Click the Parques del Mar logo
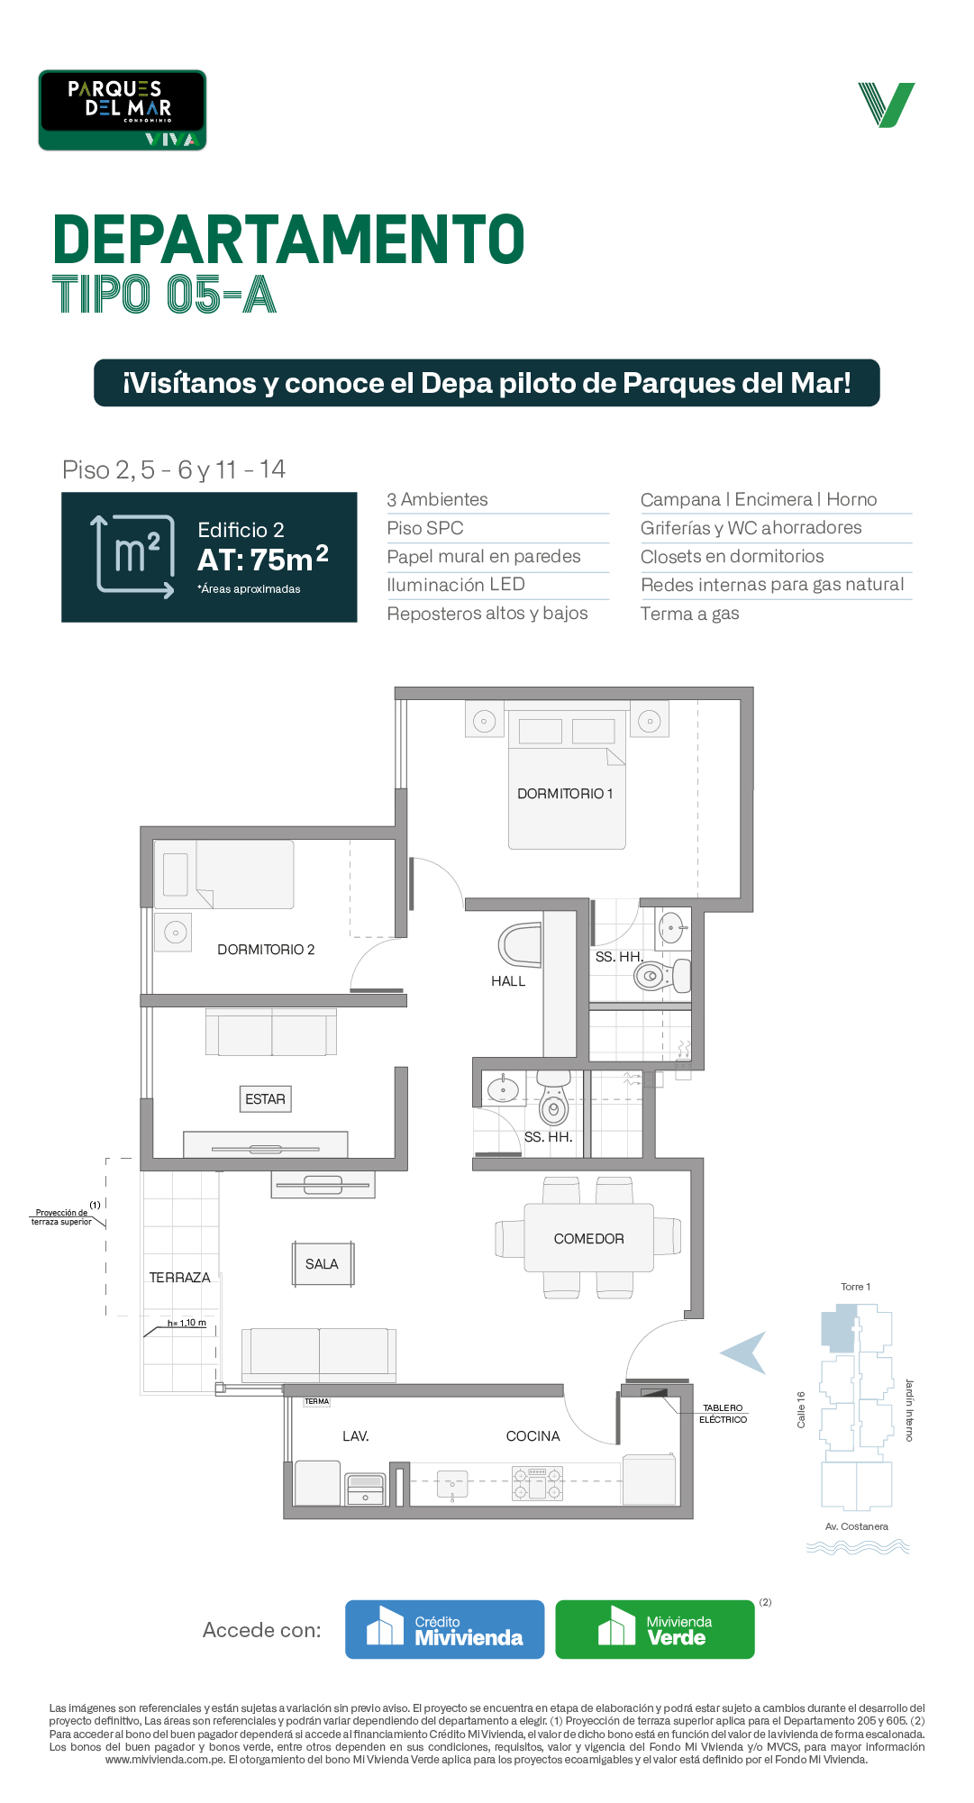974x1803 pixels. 123,110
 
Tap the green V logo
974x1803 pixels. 887,105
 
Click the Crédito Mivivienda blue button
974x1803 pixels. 445,1629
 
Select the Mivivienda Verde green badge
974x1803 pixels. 655,1629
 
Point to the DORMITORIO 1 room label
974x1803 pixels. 565,794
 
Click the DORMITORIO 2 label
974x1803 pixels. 266,950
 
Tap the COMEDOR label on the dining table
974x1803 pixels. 588,1239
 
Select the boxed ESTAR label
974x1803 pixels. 265,1099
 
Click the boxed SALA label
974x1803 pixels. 322,1264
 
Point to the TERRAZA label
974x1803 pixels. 179,1278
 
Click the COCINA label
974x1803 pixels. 533,1436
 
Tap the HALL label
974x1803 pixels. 508,981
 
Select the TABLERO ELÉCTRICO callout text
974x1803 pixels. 723,1414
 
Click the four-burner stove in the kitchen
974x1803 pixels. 537,1483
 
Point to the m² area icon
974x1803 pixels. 135,556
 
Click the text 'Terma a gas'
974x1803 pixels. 689,614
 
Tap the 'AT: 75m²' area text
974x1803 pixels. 263,559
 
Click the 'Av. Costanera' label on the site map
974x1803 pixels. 857,1526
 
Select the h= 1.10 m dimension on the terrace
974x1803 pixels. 187,1323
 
